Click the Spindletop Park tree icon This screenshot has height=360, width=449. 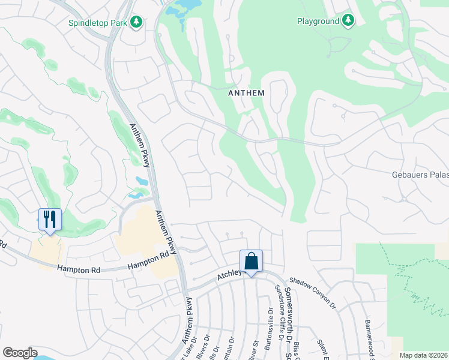tap(137, 22)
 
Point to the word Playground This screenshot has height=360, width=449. tap(318, 21)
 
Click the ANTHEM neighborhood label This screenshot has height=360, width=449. tap(246, 93)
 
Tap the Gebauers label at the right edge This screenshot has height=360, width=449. tap(420, 175)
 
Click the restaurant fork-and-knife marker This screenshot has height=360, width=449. tap(50, 220)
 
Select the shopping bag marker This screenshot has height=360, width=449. tap(251, 262)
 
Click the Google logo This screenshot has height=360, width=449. tap(20, 353)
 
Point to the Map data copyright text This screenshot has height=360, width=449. tap(424, 355)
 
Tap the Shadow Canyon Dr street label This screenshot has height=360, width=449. tap(313, 293)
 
